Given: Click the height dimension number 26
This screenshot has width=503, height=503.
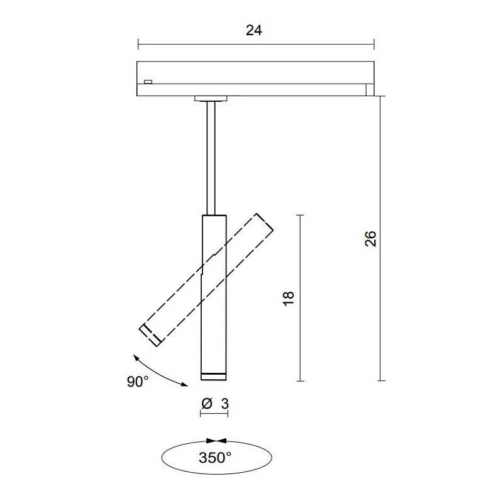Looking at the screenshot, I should coord(370,238).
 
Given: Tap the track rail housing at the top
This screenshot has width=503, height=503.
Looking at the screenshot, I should coord(255,78).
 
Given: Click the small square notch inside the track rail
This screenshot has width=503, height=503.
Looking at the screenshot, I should coord(148,81).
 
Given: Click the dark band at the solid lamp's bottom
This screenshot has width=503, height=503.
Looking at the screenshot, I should coord(213,376).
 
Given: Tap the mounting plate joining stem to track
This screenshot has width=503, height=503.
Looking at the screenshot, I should coord(212,98).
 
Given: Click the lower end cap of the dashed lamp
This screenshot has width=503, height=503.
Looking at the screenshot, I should coord(150,336).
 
